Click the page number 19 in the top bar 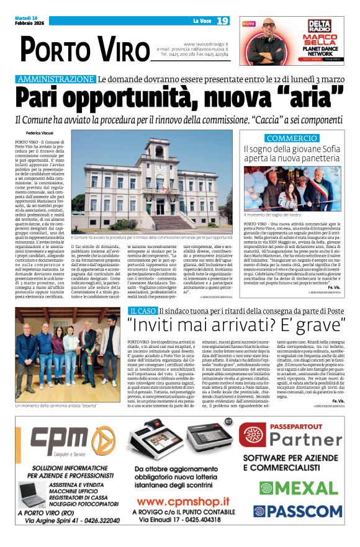[223, 21]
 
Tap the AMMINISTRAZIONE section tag [56, 79]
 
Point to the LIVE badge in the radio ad [249, 24]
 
